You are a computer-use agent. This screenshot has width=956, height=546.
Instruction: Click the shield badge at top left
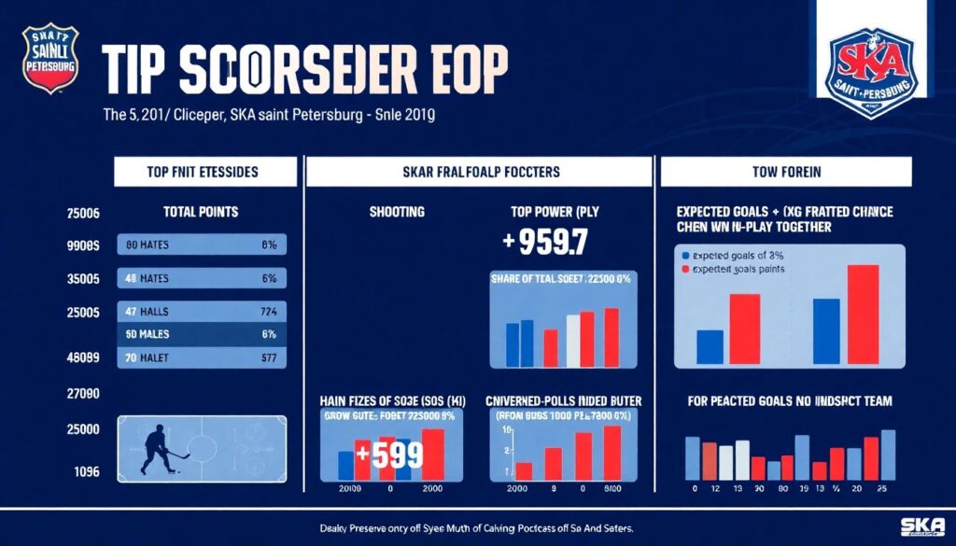pos(49,58)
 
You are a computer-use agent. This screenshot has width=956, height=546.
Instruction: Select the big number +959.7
pos(545,242)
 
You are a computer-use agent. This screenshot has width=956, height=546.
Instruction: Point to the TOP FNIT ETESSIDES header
pos(204,172)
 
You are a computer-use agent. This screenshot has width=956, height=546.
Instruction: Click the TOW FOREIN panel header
pos(785,172)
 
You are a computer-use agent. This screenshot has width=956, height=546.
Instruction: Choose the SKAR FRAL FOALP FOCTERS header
pos(479,172)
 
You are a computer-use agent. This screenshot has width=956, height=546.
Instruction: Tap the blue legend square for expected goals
pos(687,254)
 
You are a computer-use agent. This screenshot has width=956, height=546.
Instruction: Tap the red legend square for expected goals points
pos(687,269)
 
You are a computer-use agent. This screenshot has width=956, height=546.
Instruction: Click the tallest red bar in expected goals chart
pos(863,314)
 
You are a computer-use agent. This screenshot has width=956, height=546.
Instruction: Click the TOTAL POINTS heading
pos(202,212)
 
